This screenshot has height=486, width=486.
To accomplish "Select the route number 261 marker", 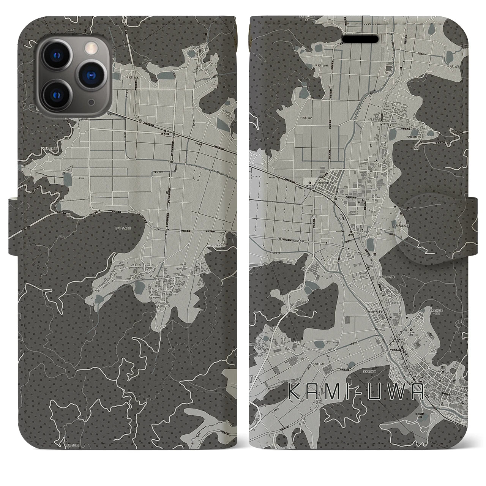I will click(x=172, y=162).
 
